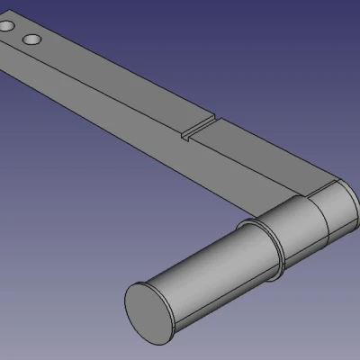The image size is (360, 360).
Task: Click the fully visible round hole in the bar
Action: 31,40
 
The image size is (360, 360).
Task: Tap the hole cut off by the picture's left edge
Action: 4,30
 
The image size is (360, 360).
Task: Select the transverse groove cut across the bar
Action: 200,130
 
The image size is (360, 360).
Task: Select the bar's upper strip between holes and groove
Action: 117,85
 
